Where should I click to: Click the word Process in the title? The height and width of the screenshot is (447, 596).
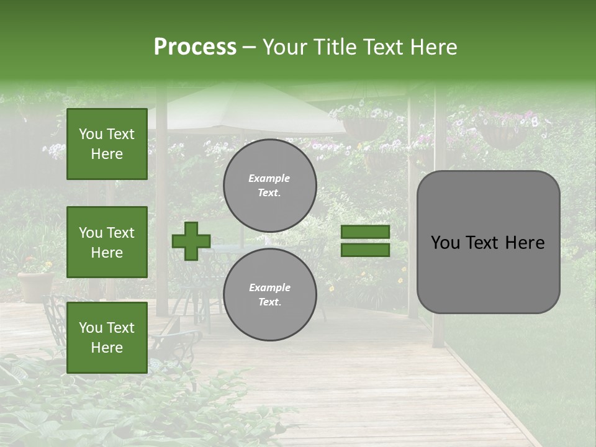tap(195, 47)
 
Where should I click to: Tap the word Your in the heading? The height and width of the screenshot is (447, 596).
tap(286, 47)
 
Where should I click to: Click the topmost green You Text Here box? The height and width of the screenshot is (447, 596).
tap(107, 144)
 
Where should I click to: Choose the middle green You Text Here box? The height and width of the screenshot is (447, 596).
tap(107, 242)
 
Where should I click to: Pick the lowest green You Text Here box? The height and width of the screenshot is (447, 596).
tap(107, 338)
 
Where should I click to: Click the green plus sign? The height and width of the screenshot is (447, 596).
tap(191, 241)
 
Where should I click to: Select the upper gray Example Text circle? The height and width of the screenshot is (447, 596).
tap(270, 185)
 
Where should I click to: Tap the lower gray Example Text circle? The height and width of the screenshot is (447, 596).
tap(270, 294)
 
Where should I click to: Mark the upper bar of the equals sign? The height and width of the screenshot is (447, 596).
tap(366, 232)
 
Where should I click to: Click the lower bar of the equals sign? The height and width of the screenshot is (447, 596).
tap(366, 250)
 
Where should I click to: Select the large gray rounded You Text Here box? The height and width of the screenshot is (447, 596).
tap(488, 242)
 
